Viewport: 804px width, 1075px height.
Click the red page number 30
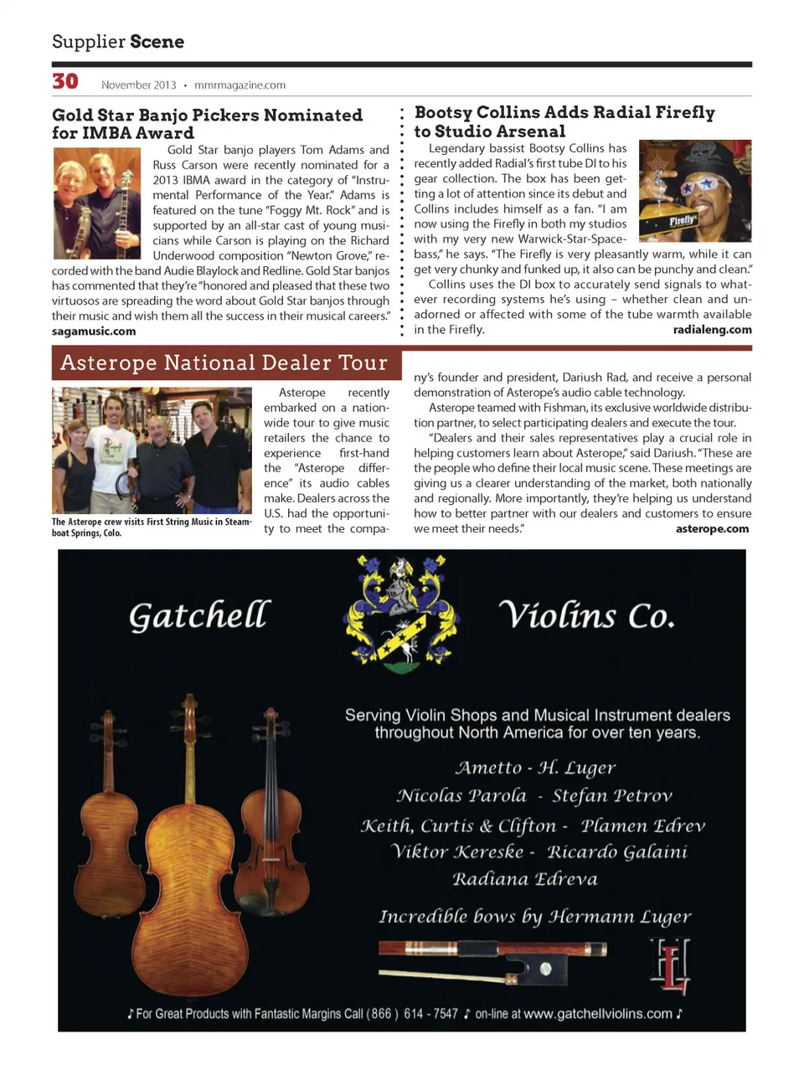click(x=65, y=81)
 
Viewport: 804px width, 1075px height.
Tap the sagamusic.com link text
click(x=94, y=332)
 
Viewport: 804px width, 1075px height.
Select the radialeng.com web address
click(x=712, y=330)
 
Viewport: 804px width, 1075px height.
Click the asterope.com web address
click(x=712, y=528)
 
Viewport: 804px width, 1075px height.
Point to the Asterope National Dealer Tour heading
click(x=224, y=363)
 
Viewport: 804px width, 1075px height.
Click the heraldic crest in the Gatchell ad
click(x=401, y=615)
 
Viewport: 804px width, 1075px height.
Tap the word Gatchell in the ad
click(x=199, y=615)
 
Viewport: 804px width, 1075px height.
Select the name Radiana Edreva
click(x=525, y=879)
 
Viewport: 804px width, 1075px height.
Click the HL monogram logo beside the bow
click(x=671, y=966)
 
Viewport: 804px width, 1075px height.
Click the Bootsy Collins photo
click(x=694, y=191)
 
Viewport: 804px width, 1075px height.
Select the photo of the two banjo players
click(x=96, y=203)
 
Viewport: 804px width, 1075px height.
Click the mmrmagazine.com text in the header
click(x=240, y=85)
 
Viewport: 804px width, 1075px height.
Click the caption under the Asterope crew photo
click(x=151, y=527)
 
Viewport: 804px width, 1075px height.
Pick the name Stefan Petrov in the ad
click(x=612, y=795)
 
